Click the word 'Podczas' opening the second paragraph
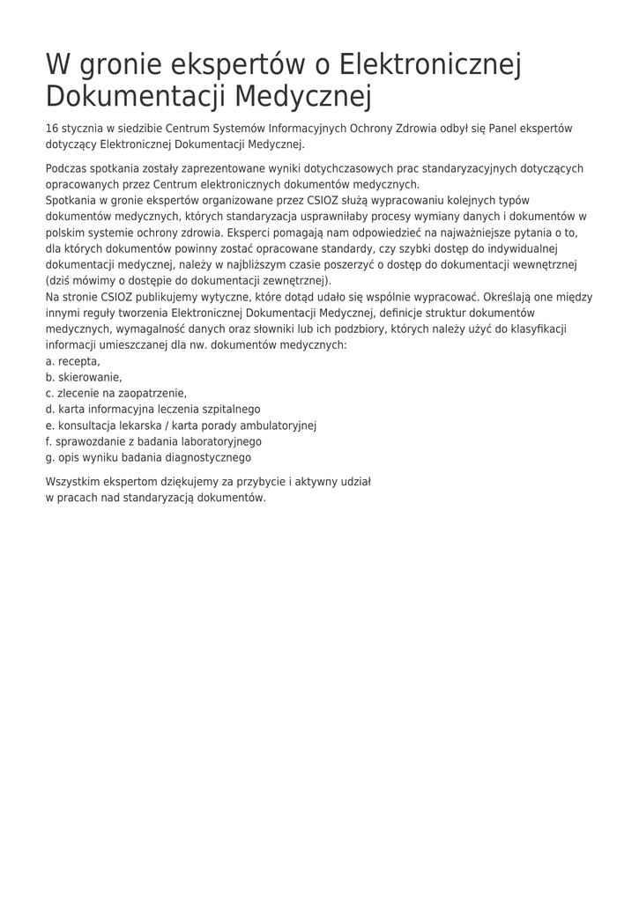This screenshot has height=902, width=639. click(x=66, y=168)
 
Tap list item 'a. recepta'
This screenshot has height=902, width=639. click(x=72, y=361)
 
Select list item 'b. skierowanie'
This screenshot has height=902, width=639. click(x=84, y=377)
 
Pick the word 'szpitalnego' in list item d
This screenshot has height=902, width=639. click(x=229, y=409)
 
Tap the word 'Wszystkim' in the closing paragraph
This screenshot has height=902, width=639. click(x=72, y=482)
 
